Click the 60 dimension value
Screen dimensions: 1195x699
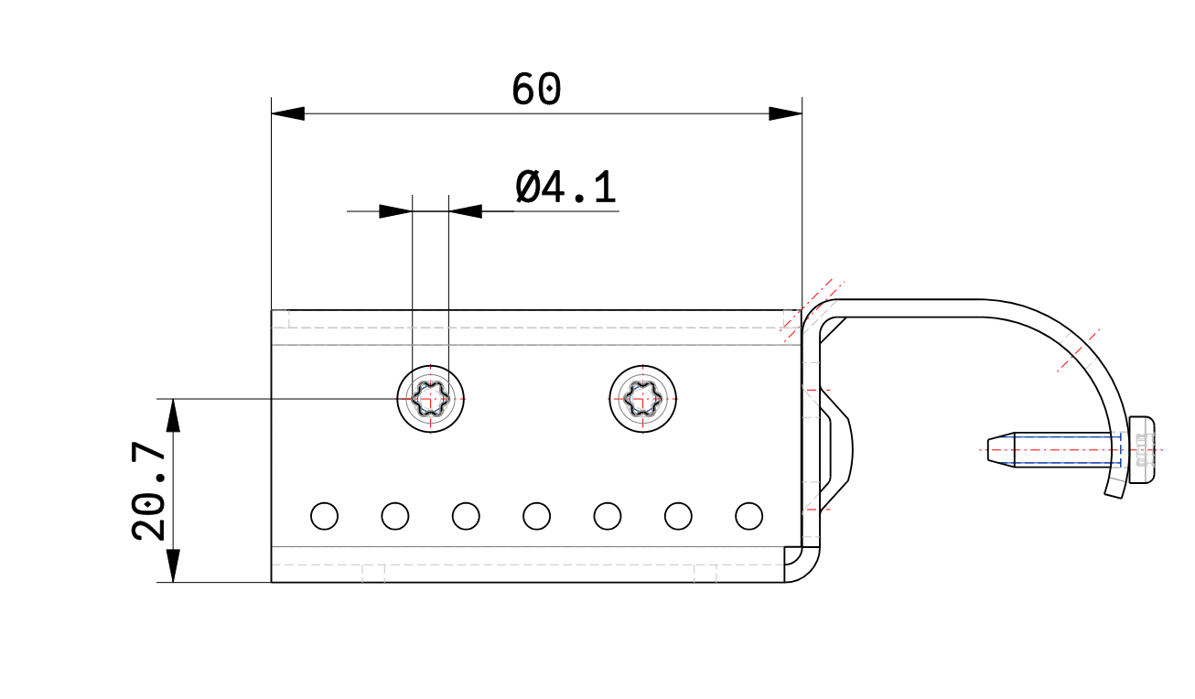coord(536,89)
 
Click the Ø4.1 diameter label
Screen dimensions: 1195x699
coord(565,188)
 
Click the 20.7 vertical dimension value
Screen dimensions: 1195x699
coord(149,491)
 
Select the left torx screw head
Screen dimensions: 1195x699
coord(431,399)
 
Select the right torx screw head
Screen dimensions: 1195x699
coord(643,399)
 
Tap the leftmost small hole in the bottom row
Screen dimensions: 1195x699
coord(324,516)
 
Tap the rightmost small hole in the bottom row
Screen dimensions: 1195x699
coord(749,516)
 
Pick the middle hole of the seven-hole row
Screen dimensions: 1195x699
coord(537,516)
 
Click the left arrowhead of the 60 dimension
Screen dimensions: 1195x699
coord(287,113)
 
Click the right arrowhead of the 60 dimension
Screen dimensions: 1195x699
coord(785,113)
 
